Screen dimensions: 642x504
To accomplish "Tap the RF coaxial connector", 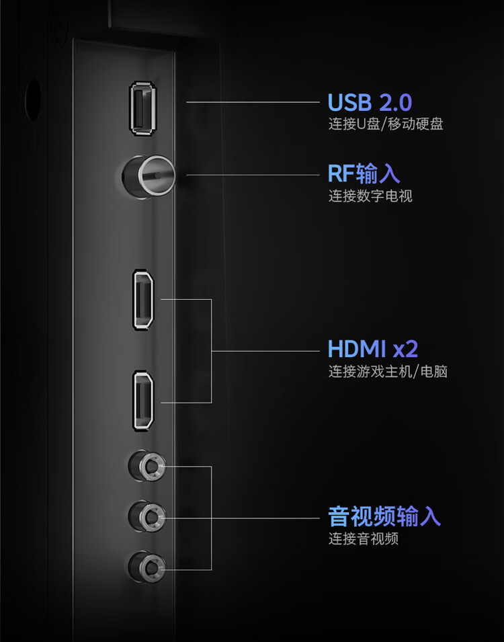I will click(149, 177).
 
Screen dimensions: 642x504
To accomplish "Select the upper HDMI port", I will click(143, 300).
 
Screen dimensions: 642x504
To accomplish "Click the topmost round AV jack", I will click(146, 465).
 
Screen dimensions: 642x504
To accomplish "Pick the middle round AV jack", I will click(146, 516).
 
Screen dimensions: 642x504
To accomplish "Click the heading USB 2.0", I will click(369, 103).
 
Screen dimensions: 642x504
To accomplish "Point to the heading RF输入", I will click(364, 174).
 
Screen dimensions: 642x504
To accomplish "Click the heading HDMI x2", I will click(373, 349).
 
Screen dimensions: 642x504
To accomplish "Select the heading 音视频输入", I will click(384, 516).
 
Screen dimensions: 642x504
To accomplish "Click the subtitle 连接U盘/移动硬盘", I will click(385, 124).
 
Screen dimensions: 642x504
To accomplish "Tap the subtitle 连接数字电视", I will click(370, 196).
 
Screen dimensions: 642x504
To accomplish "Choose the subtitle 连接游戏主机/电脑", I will click(388, 371).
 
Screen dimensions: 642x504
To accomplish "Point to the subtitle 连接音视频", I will click(363, 538).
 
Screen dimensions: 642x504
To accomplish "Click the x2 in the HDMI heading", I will click(405, 350).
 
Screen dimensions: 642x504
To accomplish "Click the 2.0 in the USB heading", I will click(395, 103).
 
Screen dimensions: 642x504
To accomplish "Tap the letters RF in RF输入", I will click(341, 174).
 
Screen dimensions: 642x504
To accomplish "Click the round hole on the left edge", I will click(32, 101).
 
